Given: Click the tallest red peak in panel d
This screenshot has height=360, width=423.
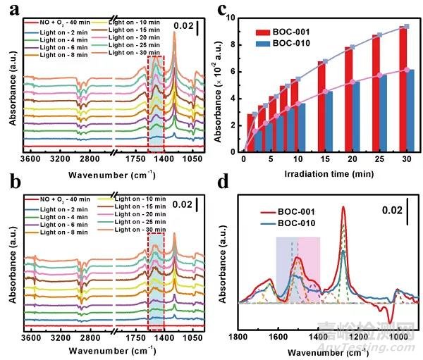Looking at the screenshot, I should pos(343,207).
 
